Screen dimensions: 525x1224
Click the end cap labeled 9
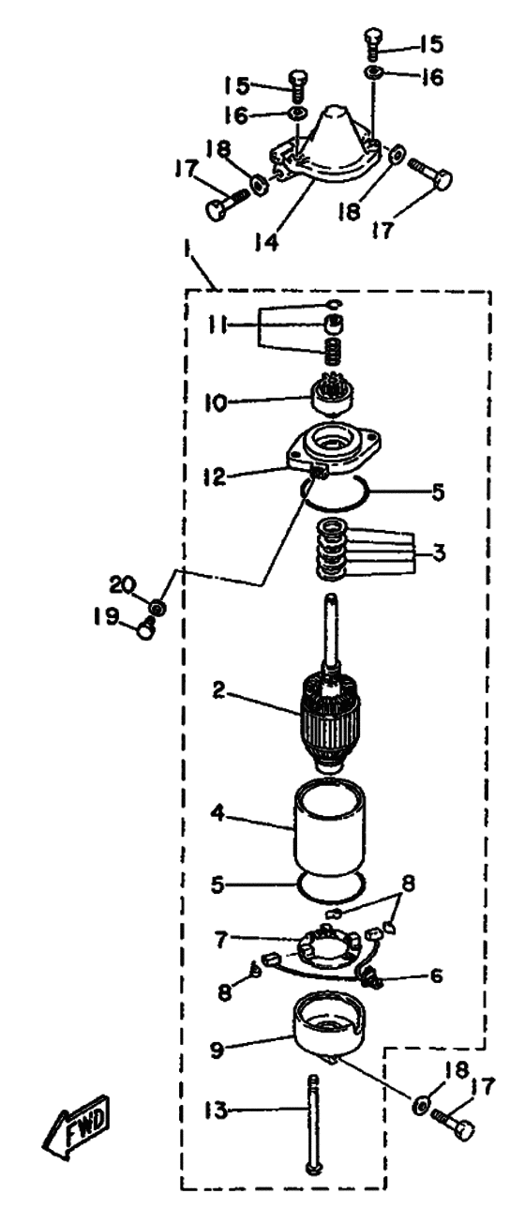[329, 1020]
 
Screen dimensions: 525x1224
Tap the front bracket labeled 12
[334, 446]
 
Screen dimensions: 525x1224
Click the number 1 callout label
[187, 254]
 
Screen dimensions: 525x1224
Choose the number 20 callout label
[123, 584]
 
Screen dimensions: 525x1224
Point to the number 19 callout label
[105, 617]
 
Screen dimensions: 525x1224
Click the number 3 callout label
[439, 552]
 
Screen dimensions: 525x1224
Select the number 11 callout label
[217, 325]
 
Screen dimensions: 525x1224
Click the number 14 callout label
[266, 239]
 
